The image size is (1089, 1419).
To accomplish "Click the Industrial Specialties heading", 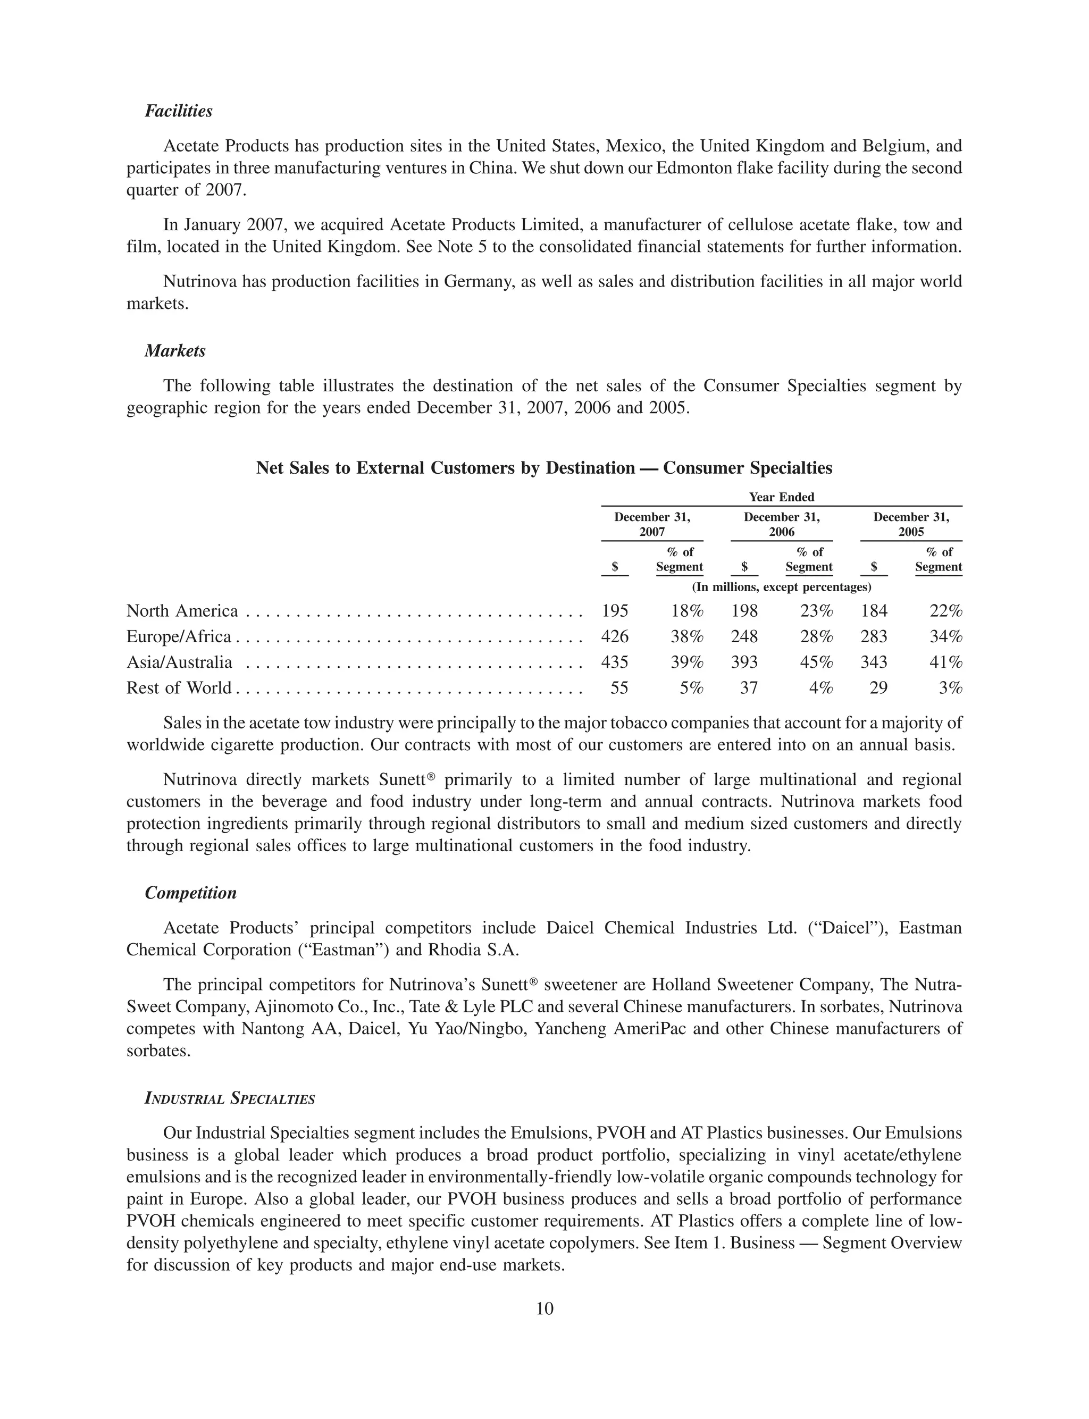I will coord(230,1099).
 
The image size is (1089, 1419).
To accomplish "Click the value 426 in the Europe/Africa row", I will coord(615,636).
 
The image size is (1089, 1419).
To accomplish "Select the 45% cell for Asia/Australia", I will coord(816,662).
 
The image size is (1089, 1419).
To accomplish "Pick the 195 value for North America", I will coord(615,611).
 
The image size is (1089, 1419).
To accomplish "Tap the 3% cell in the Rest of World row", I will coord(950,687).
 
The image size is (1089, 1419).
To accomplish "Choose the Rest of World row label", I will coord(179,687).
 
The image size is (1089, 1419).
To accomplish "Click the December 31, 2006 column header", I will coord(781,524).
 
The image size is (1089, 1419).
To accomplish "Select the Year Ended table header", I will coord(781,497).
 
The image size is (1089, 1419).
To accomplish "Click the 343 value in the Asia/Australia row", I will coord(873,662).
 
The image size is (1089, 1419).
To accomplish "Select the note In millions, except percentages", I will coord(781,587).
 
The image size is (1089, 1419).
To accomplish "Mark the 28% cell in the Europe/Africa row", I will coord(816,636).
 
